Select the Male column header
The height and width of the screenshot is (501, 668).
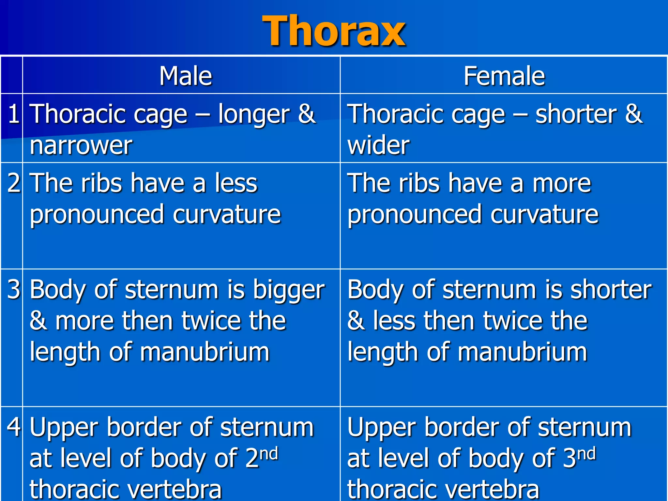point(186,76)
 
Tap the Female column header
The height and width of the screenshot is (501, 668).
point(504,76)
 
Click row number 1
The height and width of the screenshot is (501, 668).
point(13,114)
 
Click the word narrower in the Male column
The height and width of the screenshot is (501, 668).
point(81,145)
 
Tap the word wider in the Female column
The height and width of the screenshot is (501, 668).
point(378,145)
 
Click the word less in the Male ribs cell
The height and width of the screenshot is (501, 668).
point(236,183)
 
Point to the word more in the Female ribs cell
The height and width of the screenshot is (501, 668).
point(561,183)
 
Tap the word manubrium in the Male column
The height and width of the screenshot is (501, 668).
point(205,352)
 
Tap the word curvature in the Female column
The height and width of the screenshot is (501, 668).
point(544,214)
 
